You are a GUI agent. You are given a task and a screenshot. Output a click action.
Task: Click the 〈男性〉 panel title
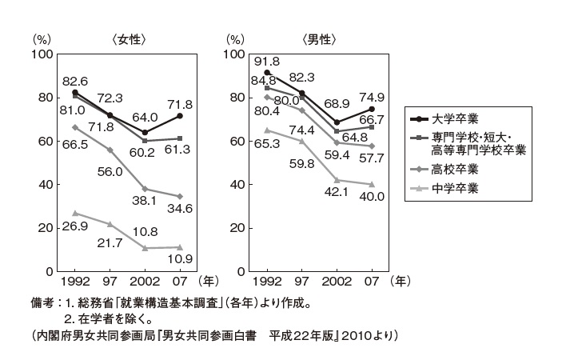click(x=321, y=38)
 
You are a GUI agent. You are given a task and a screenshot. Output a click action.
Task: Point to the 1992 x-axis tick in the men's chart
click(x=266, y=282)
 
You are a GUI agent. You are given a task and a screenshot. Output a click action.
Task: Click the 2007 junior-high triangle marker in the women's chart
click(x=180, y=247)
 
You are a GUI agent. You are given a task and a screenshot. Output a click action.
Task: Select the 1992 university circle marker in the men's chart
click(x=266, y=73)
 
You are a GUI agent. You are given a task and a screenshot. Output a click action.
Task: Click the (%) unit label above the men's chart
click(x=235, y=38)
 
